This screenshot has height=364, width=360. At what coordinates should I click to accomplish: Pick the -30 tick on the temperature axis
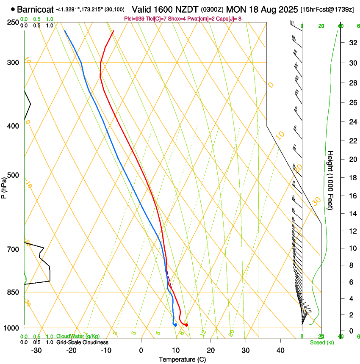tap(36, 350)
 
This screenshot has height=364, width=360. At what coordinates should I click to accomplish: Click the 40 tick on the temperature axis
tap(280, 350)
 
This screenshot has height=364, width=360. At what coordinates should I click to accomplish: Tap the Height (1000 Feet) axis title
tap(331, 180)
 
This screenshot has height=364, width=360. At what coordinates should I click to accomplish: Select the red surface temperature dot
tap(186, 325)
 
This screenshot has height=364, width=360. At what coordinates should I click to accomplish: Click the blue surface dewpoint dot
tap(175, 325)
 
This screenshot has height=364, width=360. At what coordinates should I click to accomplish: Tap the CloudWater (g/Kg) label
tap(72, 336)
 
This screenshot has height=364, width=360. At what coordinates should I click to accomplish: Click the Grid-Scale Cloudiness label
tap(82, 342)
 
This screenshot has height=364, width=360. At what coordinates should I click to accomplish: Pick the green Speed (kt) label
tap(321, 342)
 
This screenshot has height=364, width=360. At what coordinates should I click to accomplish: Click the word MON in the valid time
tap(235, 9)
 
